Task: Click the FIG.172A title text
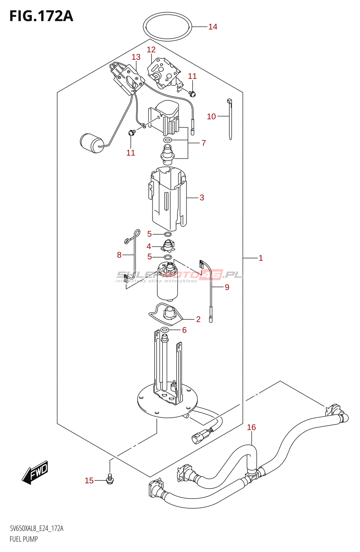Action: point(41,16)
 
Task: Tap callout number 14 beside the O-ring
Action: point(213,27)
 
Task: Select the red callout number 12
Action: point(151,50)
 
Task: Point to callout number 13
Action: point(136,57)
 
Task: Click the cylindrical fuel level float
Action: point(92,143)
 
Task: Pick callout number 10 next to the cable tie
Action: point(211,116)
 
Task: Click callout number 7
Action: point(204,143)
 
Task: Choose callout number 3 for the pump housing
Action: point(202,197)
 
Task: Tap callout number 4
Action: point(149,246)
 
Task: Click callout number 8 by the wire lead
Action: point(119,255)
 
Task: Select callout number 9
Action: point(227,287)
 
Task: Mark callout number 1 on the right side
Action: point(261,258)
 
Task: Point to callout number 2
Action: point(199,319)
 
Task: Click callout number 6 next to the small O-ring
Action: point(184,330)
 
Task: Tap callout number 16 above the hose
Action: point(251,427)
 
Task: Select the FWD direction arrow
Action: point(35,472)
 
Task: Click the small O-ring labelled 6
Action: point(164,330)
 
